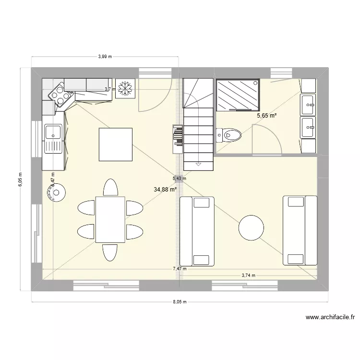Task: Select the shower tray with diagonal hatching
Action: pos(238,95)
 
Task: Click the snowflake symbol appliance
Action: pos(125,89)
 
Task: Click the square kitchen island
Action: pos(115,144)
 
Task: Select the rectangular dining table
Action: pos(110,219)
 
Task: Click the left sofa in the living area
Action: pos(197,231)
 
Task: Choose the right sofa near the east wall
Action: pos(300,230)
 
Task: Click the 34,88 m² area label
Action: pos(165,189)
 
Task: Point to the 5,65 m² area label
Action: pos(267,116)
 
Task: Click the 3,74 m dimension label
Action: pos(248,275)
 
